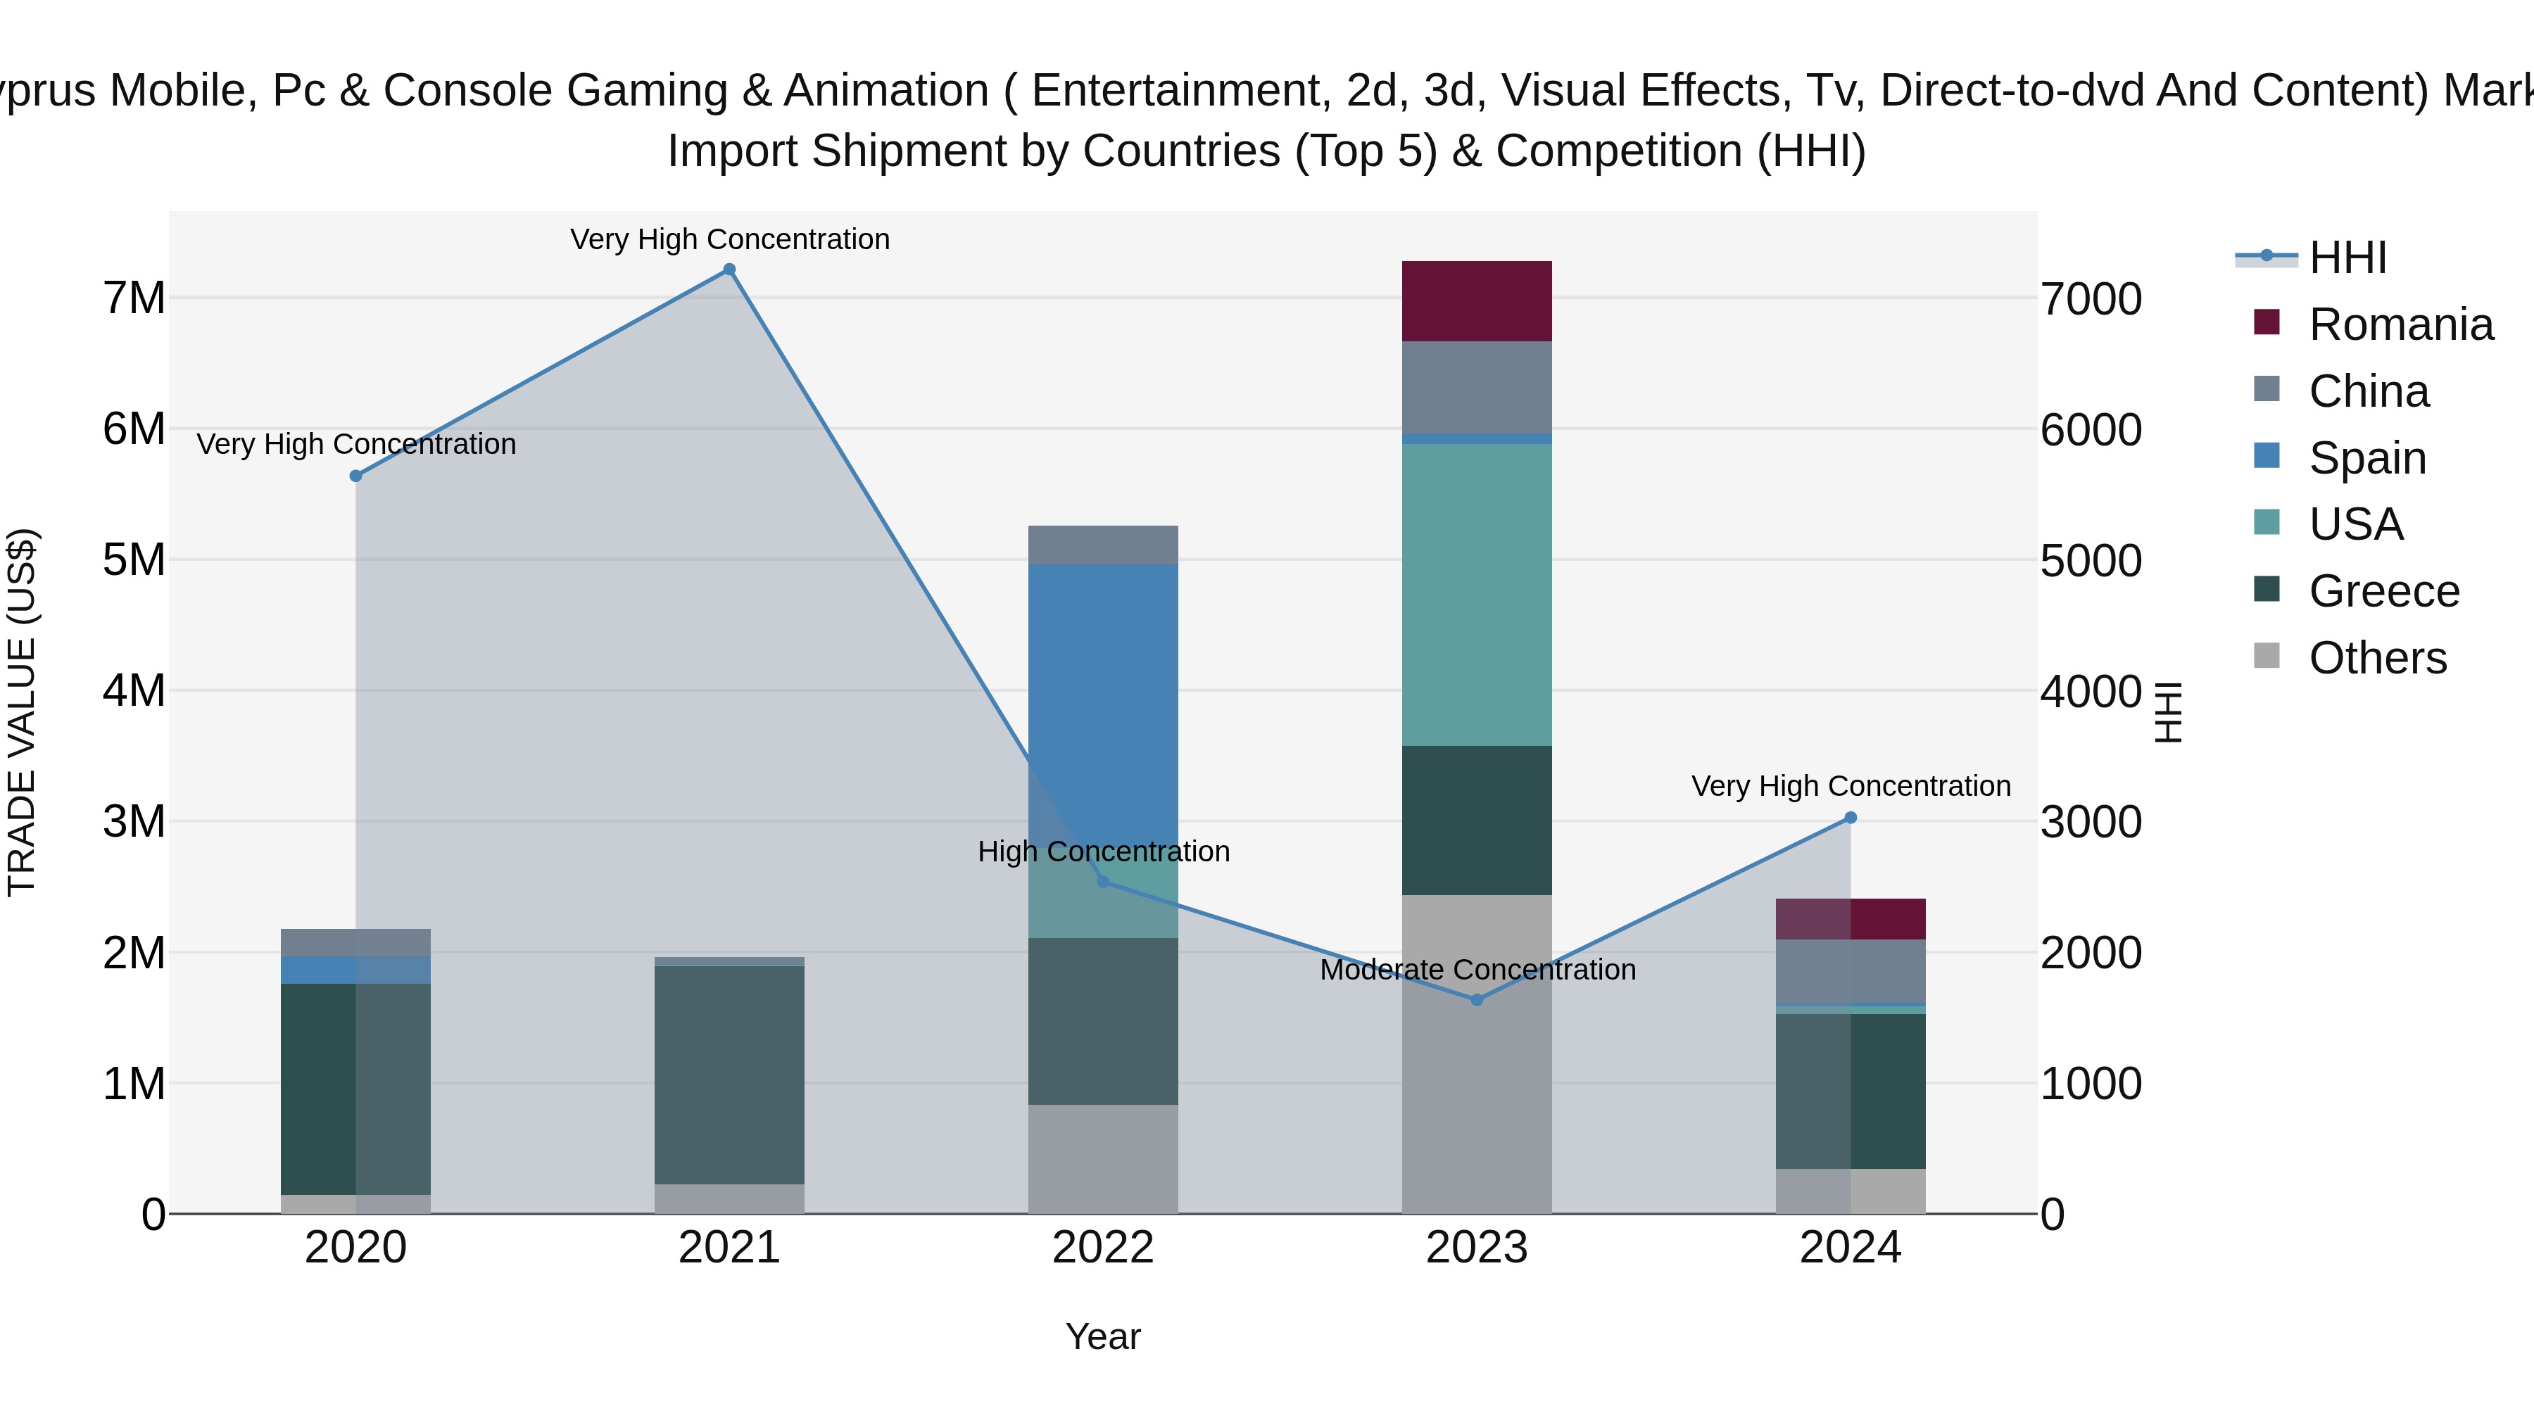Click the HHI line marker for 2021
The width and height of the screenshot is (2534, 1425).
click(729, 270)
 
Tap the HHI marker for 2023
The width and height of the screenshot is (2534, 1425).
click(1477, 1000)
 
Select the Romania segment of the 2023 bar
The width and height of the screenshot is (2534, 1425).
click(1477, 301)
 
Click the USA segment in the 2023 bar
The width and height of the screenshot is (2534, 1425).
click(1477, 594)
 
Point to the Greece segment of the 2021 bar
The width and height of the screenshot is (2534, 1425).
click(729, 1074)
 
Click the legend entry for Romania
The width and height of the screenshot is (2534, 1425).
click(2400, 324)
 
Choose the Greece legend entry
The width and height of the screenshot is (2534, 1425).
click(2383, 591)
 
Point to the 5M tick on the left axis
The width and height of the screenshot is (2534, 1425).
click(134, 559)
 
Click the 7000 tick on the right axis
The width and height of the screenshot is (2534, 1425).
click(2091, 299)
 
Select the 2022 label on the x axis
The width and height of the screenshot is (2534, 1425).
click(1103, 1248)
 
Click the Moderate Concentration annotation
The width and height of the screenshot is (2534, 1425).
click(1477, 970)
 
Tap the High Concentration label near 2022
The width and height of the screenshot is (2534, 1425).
click(1104, 851)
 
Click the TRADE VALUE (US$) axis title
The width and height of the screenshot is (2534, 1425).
click(22, 712)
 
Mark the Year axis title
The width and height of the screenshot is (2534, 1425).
click(1103, 1336)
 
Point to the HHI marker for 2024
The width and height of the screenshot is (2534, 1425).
click(1851, 817)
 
